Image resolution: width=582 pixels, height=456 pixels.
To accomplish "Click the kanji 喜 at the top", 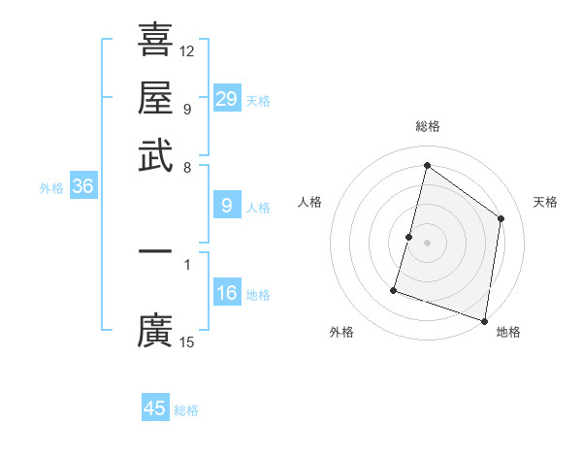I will coord(155,40).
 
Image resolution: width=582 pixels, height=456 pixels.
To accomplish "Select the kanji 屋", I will coord(155,98).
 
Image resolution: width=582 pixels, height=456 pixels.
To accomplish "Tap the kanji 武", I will coord(155,156).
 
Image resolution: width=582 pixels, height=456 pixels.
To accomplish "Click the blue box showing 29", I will coord(226,99).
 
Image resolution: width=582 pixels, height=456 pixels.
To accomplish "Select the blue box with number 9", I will coord(226,206).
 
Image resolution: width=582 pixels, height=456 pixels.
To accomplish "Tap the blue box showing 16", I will coord(226,293).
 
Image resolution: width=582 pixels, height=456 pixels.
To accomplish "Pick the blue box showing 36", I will coord(82,187).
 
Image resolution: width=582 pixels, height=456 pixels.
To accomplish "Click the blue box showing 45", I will coord(155,408).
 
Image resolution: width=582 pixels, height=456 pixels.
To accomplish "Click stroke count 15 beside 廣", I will coord(187,342).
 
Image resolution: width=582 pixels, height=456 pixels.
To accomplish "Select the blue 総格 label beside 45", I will coord(186,410).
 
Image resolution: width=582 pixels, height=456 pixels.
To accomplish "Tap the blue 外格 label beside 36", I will coord(51,188).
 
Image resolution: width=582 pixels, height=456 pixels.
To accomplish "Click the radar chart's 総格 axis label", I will coord(427,126).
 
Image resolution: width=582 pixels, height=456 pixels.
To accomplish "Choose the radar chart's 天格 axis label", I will coord(546,202).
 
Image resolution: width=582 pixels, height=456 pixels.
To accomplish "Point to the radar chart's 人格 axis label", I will coord(310,202).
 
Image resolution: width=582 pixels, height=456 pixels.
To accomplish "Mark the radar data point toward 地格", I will coord(484,320).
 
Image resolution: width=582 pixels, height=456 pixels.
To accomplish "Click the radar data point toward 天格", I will coord(501,218).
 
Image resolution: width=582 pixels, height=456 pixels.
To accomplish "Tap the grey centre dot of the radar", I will coord(427,243).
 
